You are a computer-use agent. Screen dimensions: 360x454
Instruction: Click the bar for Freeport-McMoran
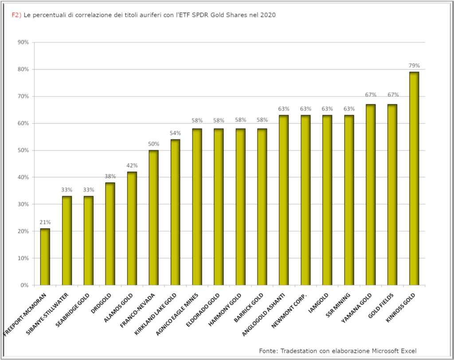45,257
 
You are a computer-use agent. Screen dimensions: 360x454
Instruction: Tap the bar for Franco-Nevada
153,217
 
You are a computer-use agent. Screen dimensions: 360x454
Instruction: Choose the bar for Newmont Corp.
305,200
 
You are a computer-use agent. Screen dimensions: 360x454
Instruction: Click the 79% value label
414,66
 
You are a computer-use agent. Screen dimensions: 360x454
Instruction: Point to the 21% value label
45,222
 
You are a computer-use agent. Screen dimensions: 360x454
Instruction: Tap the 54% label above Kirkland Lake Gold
175,133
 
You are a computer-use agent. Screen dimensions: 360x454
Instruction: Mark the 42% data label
132,165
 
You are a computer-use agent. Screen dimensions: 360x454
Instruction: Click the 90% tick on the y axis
23,43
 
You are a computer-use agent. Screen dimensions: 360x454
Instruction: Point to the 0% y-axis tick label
24,285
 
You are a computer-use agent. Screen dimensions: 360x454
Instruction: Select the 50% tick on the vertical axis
23,150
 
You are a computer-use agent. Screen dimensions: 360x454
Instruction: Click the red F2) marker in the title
16,15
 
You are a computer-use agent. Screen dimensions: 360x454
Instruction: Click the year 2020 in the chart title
268,15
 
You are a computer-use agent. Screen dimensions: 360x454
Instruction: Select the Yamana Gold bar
371,195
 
